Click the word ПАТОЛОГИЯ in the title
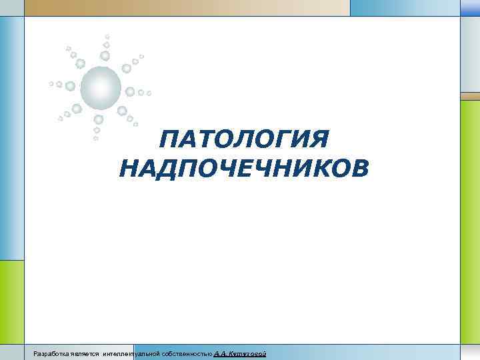tap(245, 140)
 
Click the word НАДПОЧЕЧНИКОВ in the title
tap(243, 168)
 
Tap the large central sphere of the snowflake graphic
tap(101, 87)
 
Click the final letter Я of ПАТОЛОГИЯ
tap(321, 140)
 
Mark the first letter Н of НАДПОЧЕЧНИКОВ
tap(127, 168)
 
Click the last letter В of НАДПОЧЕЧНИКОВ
tap(359, 168)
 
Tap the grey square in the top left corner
tap(11, 7)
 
